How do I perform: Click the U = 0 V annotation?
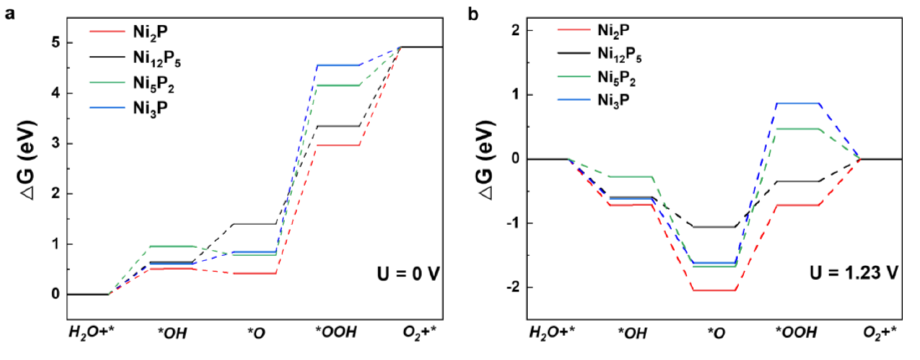[x=408, y=274]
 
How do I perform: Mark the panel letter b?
[x=473, y=14]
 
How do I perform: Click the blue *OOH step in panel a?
[x=338, y=65]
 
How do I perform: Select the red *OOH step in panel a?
[x=338, y=145]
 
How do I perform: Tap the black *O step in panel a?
[x=254, y=224]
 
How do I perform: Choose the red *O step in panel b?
[x=714, y=290]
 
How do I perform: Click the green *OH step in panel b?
[x=631, y=177]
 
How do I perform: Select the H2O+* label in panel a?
[x=91, y=333]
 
